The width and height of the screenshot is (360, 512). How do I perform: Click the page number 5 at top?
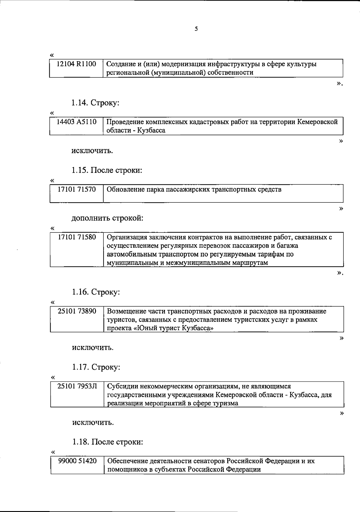coord(196,29)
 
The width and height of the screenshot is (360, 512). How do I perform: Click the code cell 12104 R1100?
coord(76,64)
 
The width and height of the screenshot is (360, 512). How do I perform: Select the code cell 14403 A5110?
coord(77,122)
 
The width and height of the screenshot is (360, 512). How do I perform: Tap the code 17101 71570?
coord(77,189)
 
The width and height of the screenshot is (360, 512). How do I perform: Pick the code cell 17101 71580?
coord(77,238)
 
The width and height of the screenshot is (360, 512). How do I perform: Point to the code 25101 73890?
coord(77,311)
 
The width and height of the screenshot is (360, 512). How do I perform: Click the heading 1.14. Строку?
coord(95,103)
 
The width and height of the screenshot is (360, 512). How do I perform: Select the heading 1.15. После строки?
coord(106,170)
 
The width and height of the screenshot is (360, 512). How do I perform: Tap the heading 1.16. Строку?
coord(96,292)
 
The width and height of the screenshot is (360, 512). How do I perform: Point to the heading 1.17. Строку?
coord(96,367)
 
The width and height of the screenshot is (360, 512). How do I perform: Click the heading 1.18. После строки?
coord(107,442)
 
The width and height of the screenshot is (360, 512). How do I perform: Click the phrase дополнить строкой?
coord(107,218)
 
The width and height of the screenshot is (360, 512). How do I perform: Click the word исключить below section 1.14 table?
coord(92,150)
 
